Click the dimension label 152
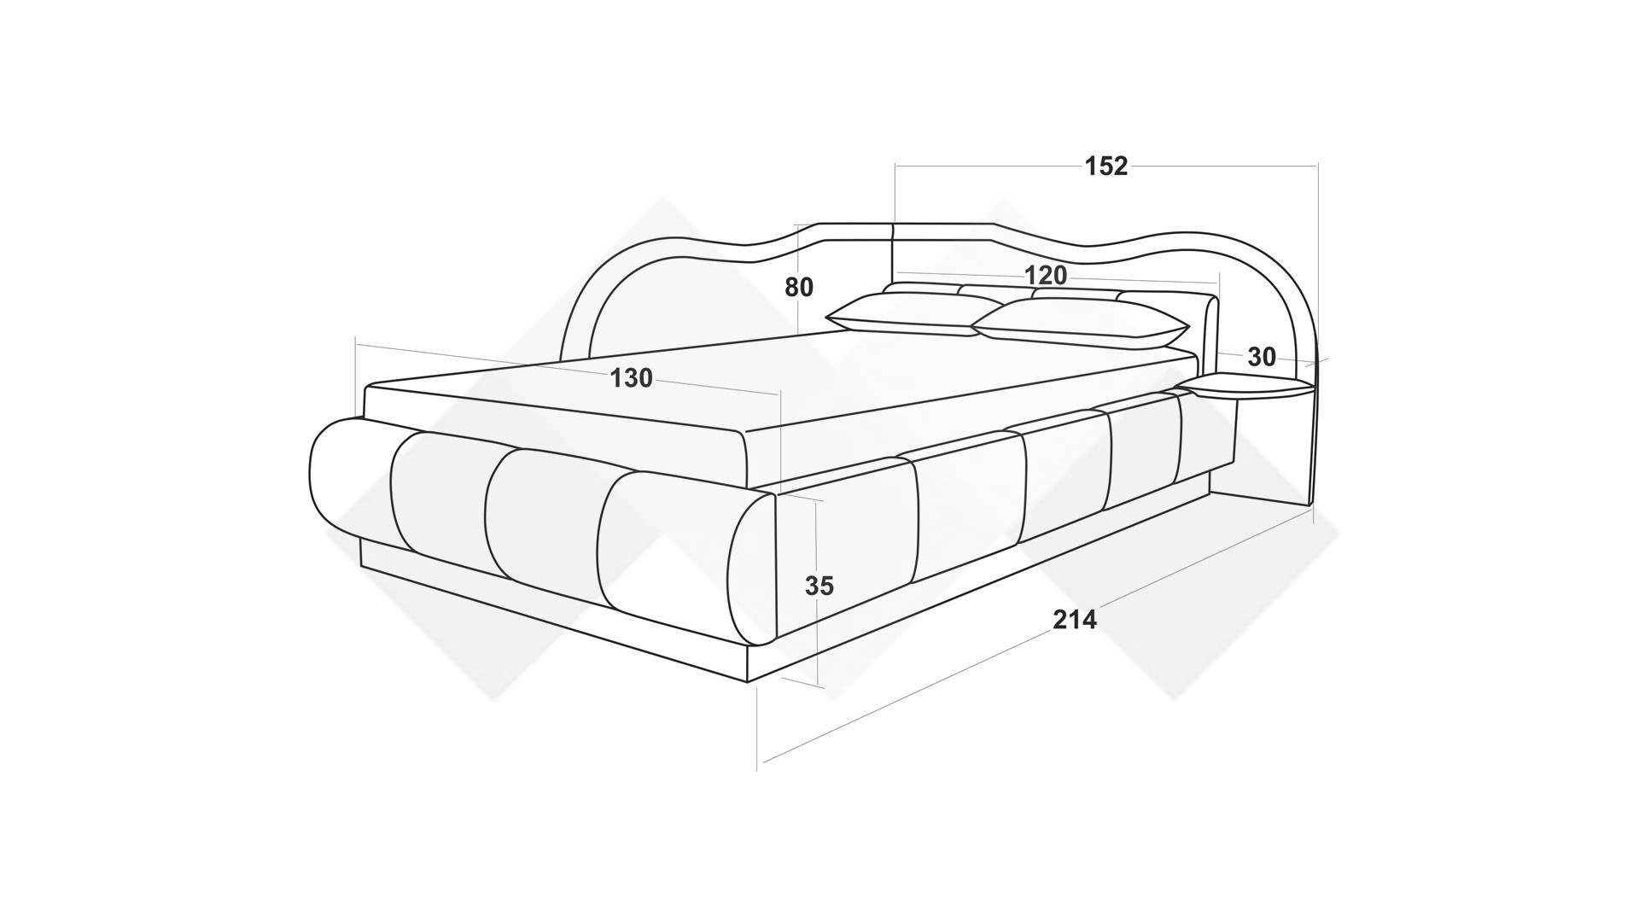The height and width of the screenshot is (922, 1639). point(1106,166)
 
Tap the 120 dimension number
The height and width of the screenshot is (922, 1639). point(1046,275)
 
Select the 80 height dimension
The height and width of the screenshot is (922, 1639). point(799,288)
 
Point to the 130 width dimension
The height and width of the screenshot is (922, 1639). point(631,378)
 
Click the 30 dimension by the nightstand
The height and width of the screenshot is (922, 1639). point(1261,357)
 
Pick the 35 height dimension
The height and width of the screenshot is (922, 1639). point(819,586)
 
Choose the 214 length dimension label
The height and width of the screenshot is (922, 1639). point(1074,620)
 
